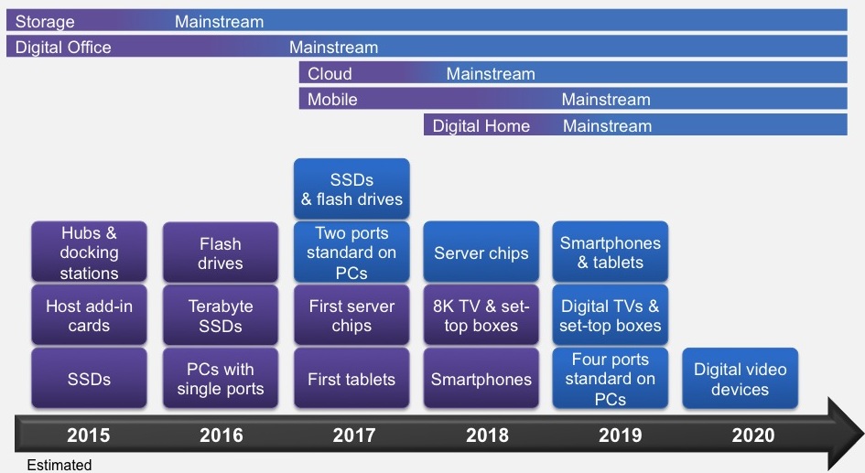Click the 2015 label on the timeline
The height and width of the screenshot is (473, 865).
coord(88,435)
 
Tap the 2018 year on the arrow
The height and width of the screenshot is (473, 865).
coord(487,435)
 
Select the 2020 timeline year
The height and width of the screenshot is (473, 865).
coord(753,435)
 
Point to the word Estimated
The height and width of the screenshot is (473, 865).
coord(59,465)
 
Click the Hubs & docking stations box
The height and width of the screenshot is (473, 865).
coord(89,252)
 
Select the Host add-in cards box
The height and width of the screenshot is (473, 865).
coord(89,316)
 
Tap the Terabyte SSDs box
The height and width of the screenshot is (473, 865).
coord(220,316)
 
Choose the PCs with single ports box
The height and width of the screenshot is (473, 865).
coord(220,378)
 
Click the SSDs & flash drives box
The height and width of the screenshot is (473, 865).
coord(351,189)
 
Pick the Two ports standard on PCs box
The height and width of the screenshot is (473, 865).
coord(351,252)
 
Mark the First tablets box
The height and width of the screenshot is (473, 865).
coord(351,378)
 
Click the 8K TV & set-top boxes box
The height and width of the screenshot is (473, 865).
coord(481,316)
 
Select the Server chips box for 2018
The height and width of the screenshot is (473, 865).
coord(481,252)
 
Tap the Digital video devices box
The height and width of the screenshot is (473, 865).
coord(740,378)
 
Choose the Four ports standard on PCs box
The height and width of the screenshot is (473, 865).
coord(611,378)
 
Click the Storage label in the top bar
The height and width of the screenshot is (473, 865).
coord(45,22)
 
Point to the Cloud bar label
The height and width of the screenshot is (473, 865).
coord(330,73)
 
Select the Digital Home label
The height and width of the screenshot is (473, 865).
coord(481,125)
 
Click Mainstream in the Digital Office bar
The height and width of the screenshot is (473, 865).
coord(334,48)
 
